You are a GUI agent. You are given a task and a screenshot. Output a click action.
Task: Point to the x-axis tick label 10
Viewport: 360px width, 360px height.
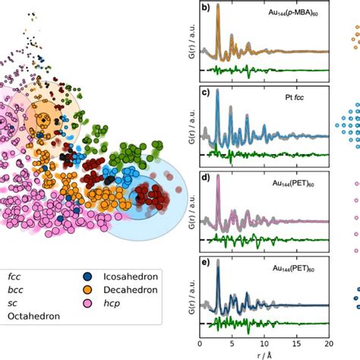[264, 344]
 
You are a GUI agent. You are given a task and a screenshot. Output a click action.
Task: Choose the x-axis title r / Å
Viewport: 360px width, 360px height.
[263, 354]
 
